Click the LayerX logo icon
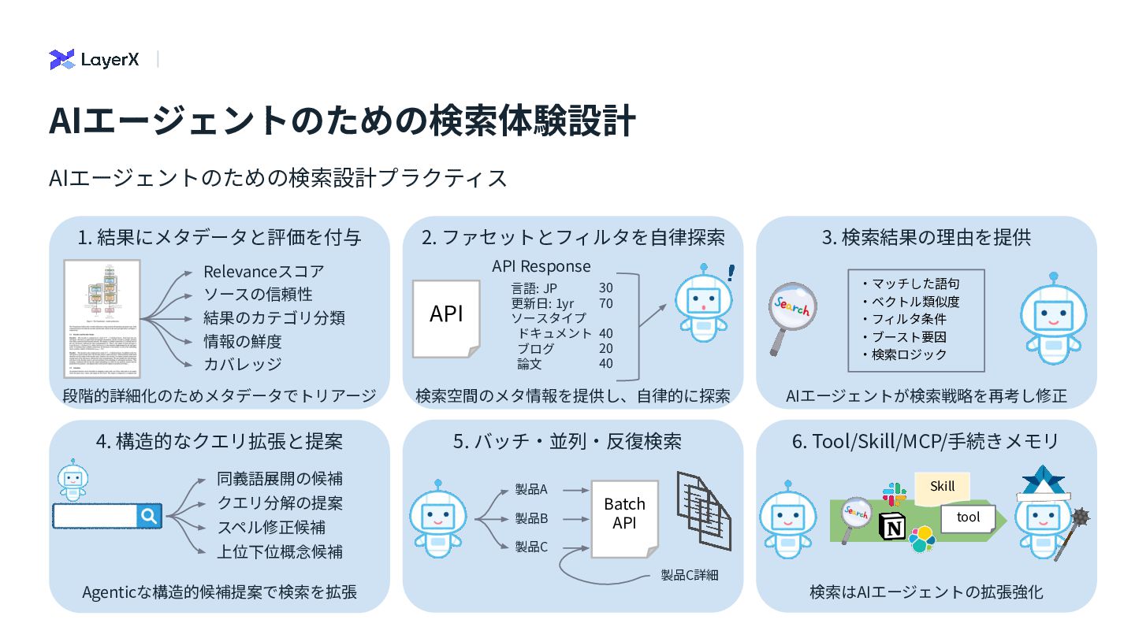(61, 59)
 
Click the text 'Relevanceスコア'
(263, 272)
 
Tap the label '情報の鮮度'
(242, 341)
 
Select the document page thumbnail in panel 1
(102, 319)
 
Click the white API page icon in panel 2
(446, 317)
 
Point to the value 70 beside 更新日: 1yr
(605, 303)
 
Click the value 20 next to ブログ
(605, 348)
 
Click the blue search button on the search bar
(149, 516)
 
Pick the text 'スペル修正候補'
(271, 527)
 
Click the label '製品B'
(531, 518)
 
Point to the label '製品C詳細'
(689, 575)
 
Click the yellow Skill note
(942, 487)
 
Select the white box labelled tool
(968, 517)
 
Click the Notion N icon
(892, 526)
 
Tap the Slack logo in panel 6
(895, 495)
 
